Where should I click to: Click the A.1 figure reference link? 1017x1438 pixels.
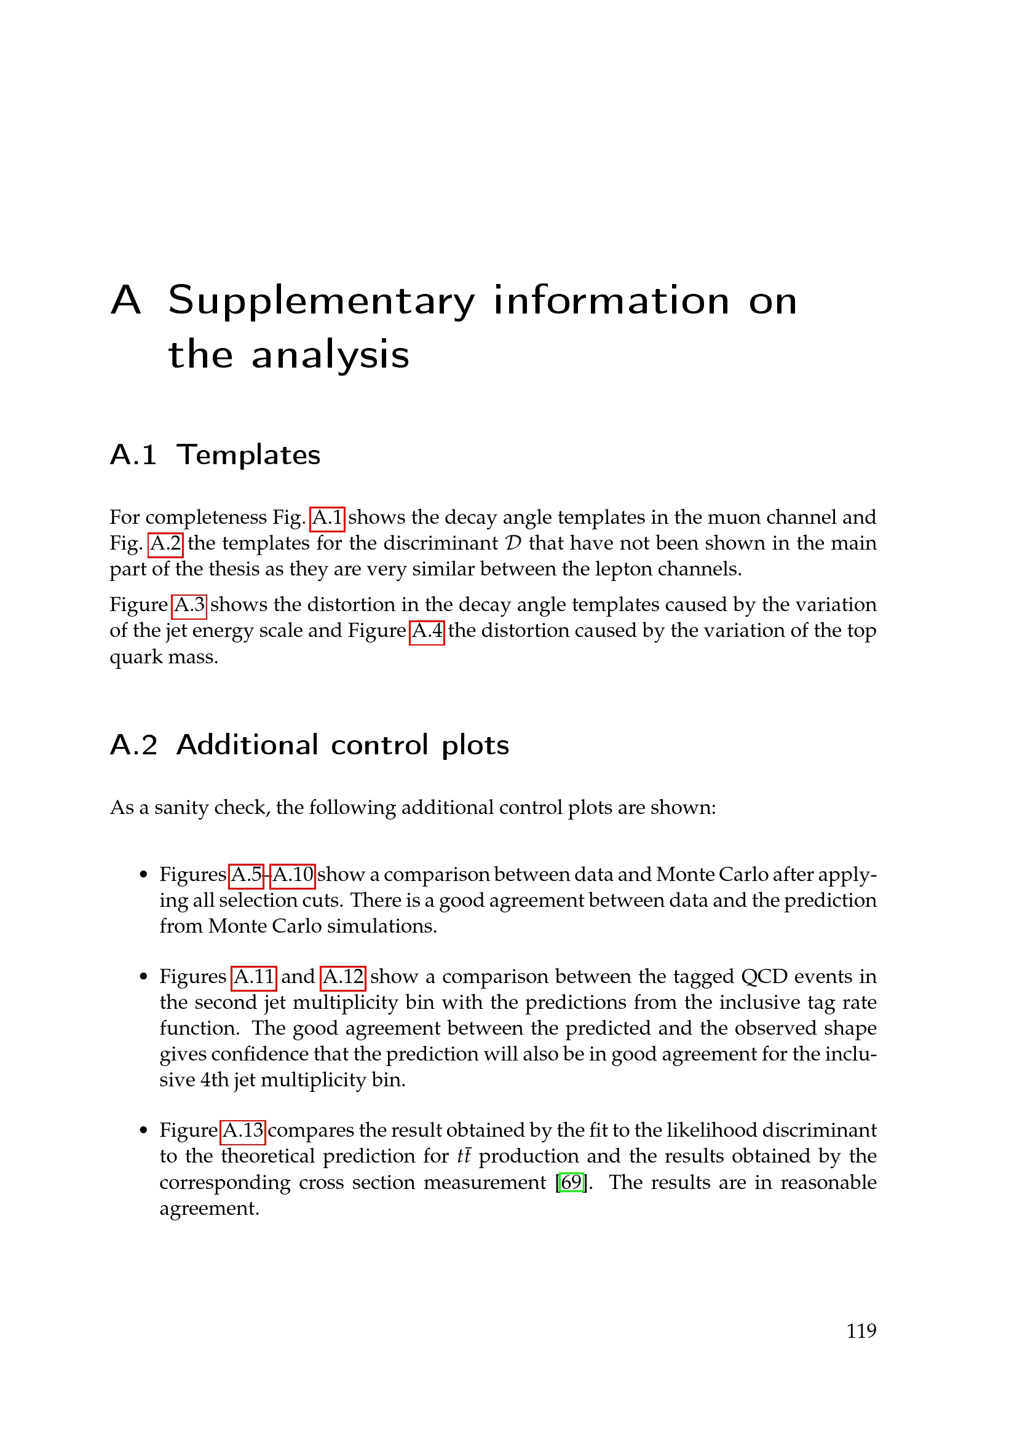coord(327,517)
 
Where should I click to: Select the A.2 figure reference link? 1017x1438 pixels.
coord(165,543)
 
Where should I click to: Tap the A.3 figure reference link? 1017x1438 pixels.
coord(189,604)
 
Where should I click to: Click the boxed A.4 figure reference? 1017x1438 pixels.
coord(427,630)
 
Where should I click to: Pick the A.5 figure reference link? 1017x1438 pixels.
coord(246,874)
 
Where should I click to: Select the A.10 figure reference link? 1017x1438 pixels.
coord(293,874)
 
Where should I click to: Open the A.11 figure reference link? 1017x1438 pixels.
coord(253,976)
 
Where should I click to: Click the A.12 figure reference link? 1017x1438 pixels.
coord(342,976)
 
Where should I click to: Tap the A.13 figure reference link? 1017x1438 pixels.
coord(243,1130)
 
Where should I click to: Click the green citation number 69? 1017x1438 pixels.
coord(571,1182)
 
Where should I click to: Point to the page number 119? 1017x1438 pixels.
coord(861,1330)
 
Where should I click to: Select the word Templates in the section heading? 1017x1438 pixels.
coord(248,455)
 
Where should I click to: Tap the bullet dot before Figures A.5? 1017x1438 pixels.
coord(144,875)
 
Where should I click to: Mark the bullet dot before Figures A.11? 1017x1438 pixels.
coord(144,977)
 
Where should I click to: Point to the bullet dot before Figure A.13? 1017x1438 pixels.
coord(144,1131)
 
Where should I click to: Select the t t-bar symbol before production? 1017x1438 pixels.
coord(464,1156)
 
